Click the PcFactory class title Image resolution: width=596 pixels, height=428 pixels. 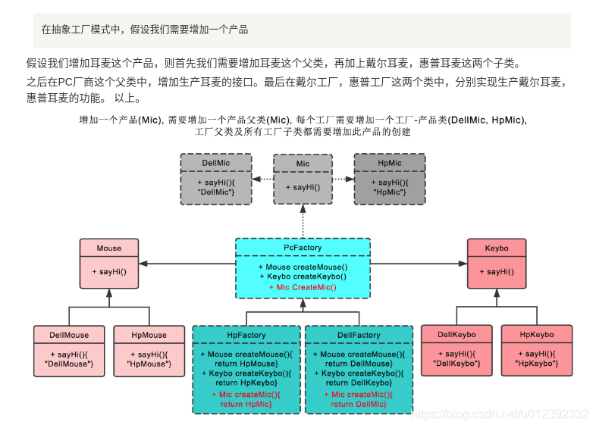(x=303, y=248)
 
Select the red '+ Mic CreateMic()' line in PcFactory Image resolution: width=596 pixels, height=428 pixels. (x=303, y=287)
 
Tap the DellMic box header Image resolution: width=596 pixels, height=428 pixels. (x=215, y=163)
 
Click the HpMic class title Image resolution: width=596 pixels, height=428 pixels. (x=389, y=163)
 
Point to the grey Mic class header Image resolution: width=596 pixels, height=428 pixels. (x=303, y=164)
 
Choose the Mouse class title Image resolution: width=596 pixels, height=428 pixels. (x=109, y=248)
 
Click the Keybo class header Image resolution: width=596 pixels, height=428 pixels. (x=497, y=248)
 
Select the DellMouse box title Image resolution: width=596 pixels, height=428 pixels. (x=69, y=335)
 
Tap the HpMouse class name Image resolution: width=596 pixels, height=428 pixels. (x=149, y=335)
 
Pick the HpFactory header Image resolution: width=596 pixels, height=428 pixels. (x=246, y=335)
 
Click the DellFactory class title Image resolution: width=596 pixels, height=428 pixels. (x=359, y=335)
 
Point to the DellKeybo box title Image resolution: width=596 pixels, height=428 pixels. (x=456, y=335)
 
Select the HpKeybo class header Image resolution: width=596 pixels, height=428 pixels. (x=537, y=335)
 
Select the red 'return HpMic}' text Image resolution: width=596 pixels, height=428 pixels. (x=246, y=405)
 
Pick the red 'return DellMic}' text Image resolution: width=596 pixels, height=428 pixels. (x=359, y=405)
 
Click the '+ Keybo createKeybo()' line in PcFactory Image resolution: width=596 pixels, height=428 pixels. (x=303, y=277)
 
